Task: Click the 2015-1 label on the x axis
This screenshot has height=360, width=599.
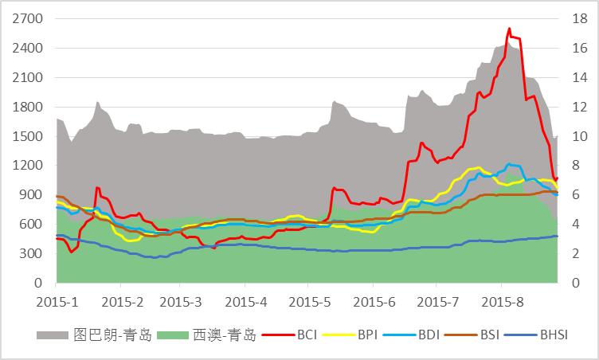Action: (x=57, y=302)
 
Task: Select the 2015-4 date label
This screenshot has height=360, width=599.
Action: (x=247, y=302)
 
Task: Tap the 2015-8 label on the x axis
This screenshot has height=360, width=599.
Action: (x=502, y=302)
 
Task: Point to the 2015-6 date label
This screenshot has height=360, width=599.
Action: (x=375, y=302)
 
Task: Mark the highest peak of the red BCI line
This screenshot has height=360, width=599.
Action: (x=509, y=29)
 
